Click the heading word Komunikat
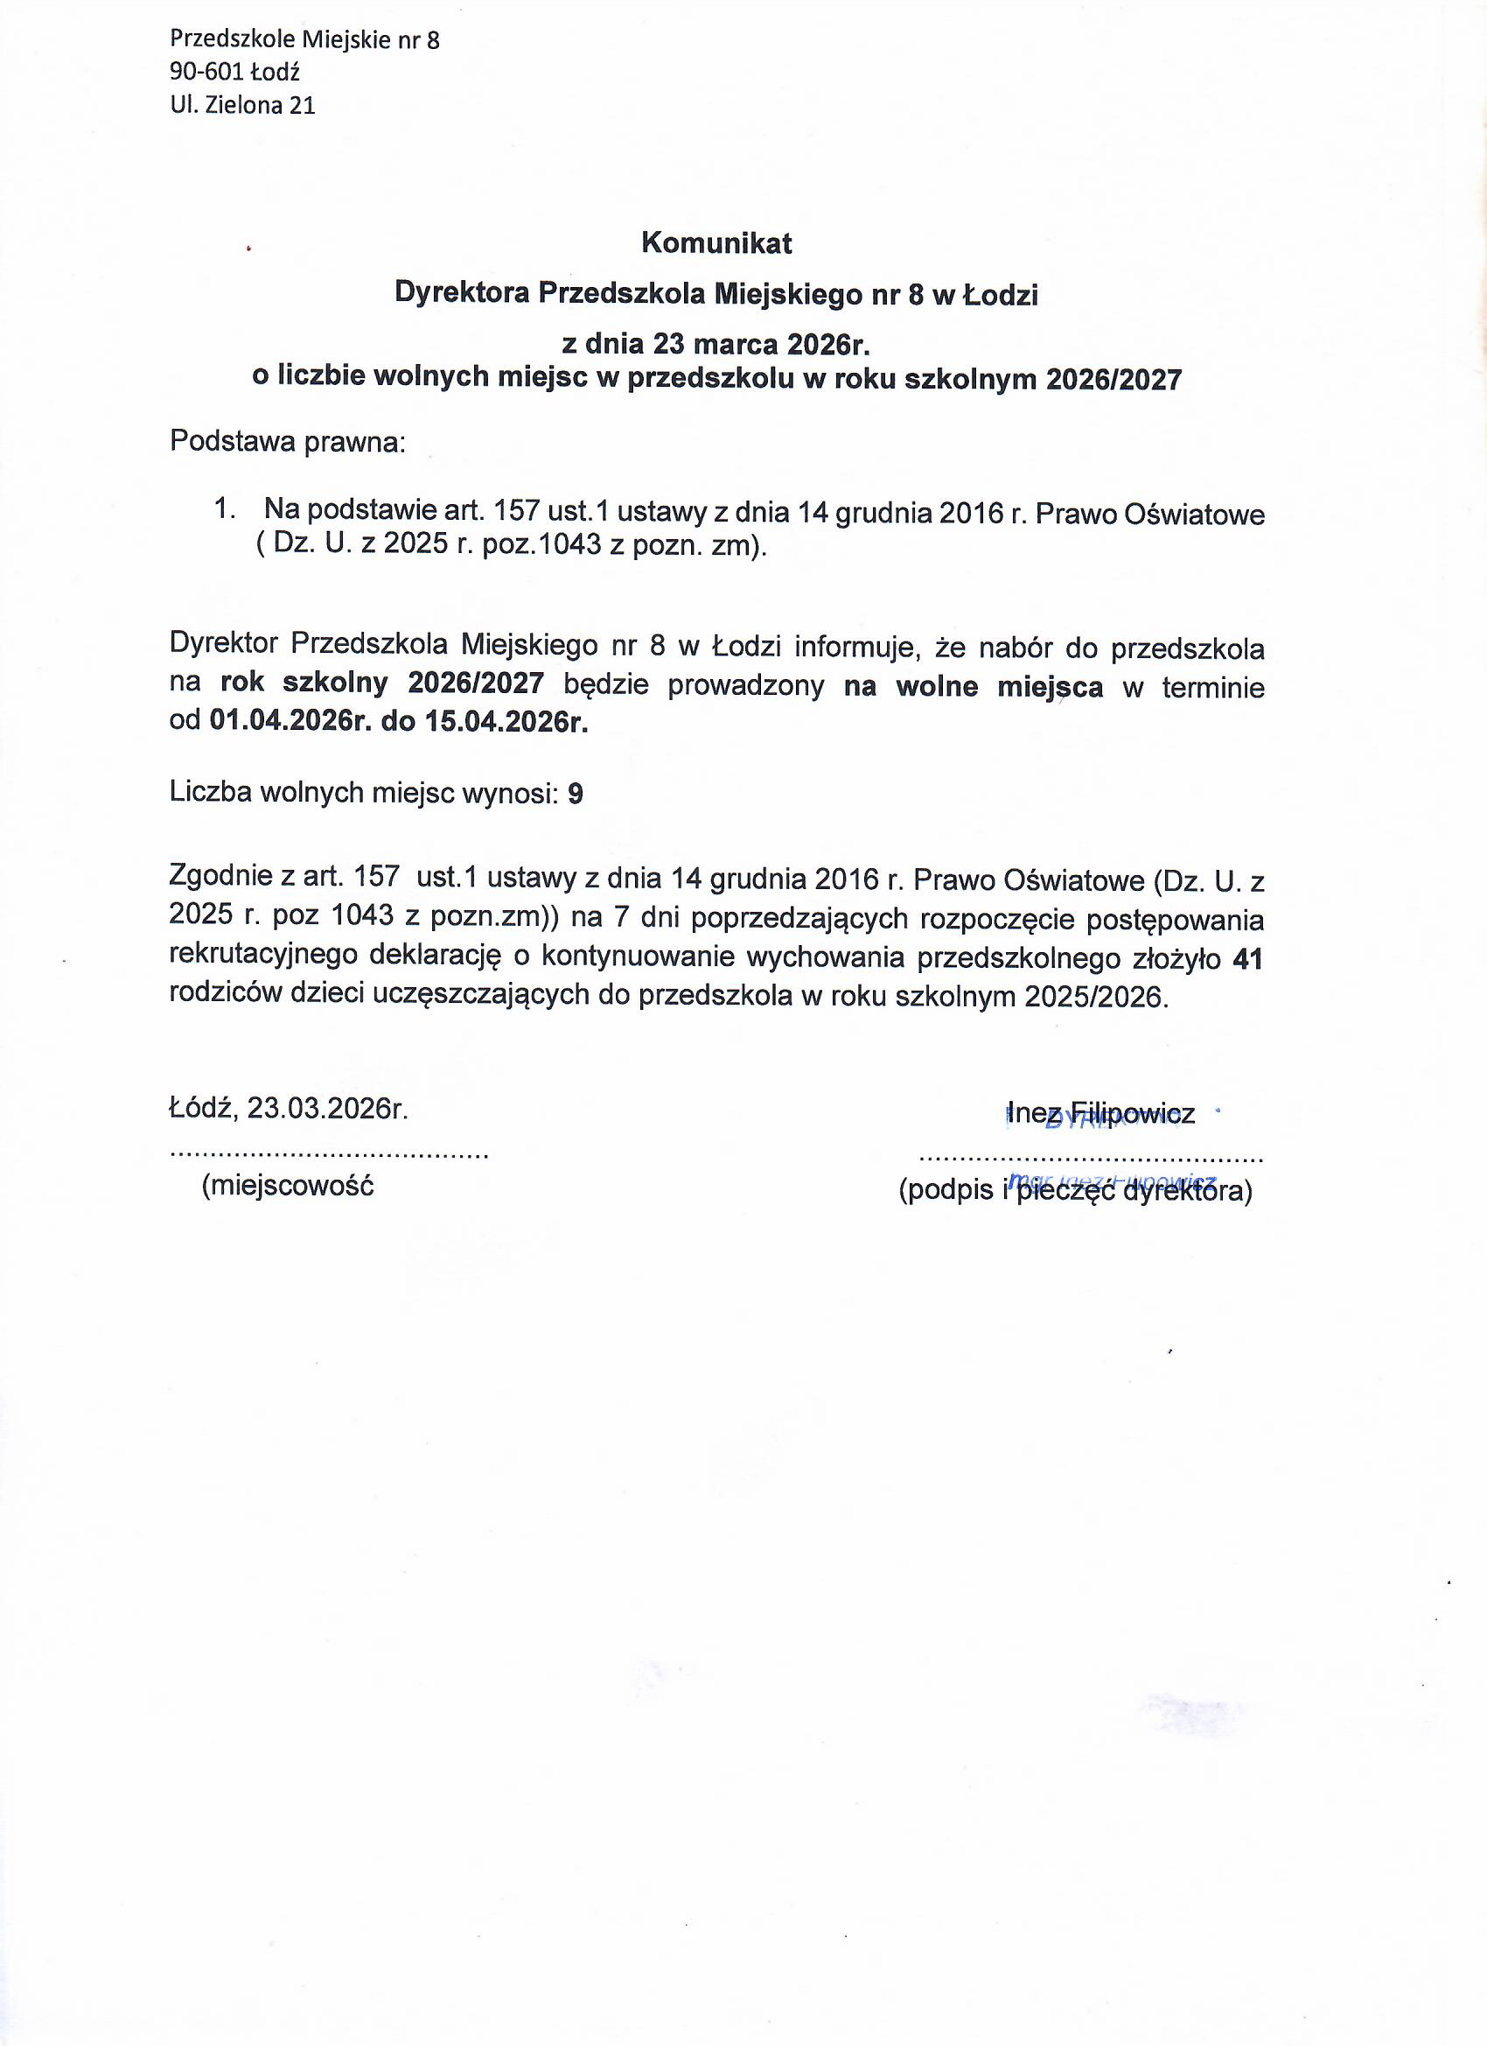click(x=716, y=242)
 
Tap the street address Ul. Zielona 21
click(x=242, y=106)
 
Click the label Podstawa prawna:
click(x=288, y=442)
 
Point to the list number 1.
click(x=225, y=509)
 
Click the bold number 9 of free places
click(x=575, y=793)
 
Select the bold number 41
click(x=1247, y=959)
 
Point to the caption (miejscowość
click(x=288, y=1186)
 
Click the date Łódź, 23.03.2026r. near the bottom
click(x=290, y=1109)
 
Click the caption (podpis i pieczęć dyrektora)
click(x=1075, y=1193)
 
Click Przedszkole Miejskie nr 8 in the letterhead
click(x=304, y=39)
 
